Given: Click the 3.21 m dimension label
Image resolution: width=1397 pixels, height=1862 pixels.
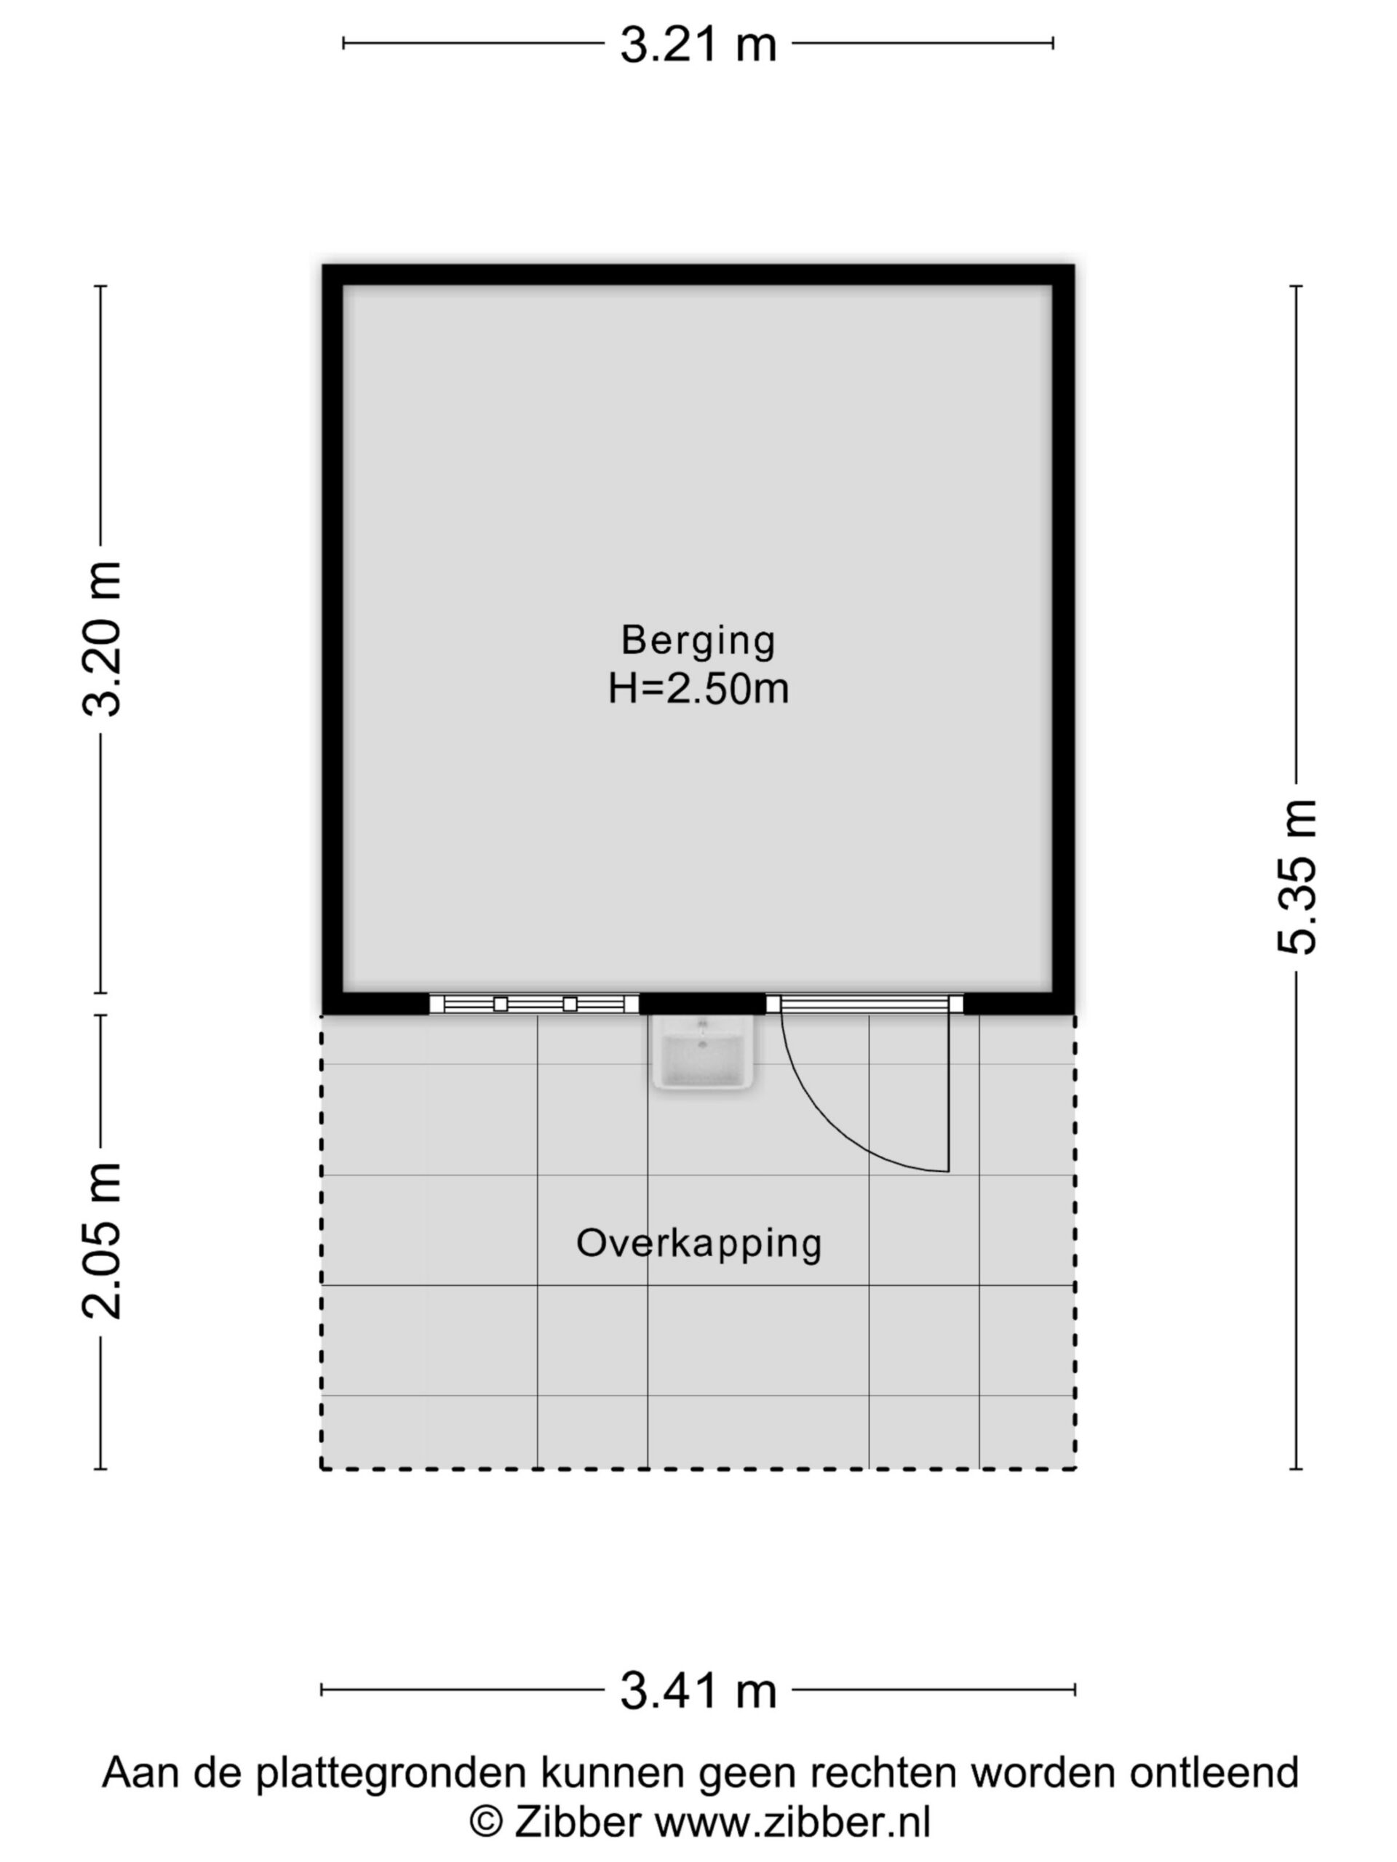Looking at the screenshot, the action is (x=698, y=44).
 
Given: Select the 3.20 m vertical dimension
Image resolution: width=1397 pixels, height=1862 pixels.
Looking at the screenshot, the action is (x=102, y=639).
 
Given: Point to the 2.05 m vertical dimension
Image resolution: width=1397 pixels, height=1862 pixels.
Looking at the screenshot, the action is (x=102, y=1241).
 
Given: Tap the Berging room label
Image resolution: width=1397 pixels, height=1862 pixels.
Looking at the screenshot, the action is (x=698, y=641).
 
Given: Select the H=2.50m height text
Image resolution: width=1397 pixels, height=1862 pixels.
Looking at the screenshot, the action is (x=698, y=690).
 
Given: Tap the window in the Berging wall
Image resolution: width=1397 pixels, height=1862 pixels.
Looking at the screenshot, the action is (x=534, y=1004).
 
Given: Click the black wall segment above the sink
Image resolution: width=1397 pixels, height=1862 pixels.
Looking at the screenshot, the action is (x=702, y=1004).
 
